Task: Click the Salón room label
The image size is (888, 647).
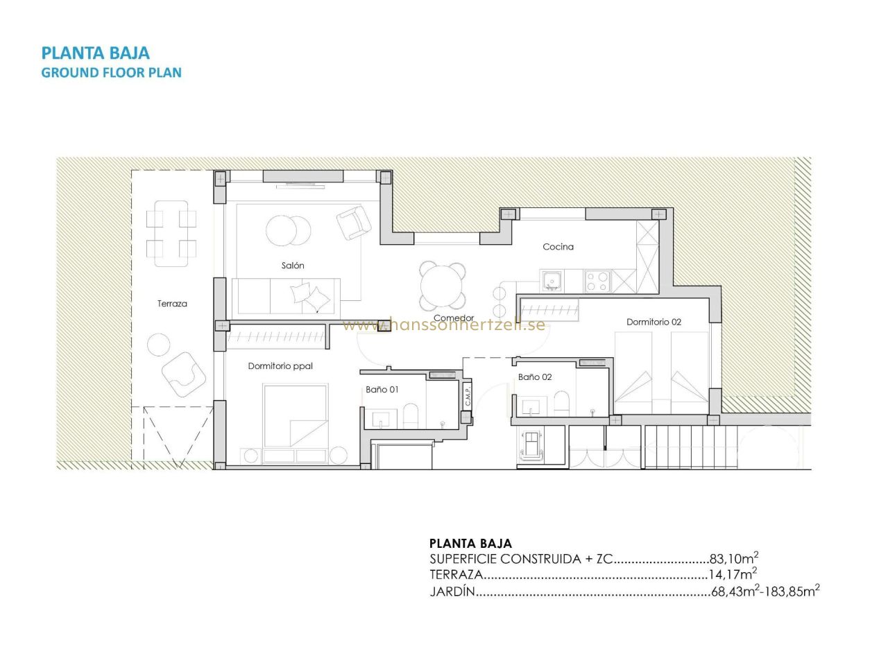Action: [x=293, y=266]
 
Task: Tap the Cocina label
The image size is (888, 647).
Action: [x=558, y=247]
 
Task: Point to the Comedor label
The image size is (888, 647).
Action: [x=454, y=318]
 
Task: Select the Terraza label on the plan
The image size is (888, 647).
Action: [x=172, y=304]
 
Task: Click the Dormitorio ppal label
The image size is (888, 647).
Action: [x=280, y=366]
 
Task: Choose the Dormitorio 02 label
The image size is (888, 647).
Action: [x=654, y=322]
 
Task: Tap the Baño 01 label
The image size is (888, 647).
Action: [x=382, y=390]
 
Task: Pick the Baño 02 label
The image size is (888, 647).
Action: [x=535, y=377]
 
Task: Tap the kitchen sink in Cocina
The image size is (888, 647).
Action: [x=551, y=281]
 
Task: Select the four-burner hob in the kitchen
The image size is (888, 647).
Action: [x=597, y=281]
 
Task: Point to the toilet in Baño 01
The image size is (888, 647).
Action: [x=410, y=415]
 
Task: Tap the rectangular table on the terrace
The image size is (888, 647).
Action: [x=171, y=234]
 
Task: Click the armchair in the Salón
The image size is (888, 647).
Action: [x=354, y=223]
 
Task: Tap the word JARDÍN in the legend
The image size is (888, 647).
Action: [x=452, y=592]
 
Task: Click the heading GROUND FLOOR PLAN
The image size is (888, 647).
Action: [x=112, y=73]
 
